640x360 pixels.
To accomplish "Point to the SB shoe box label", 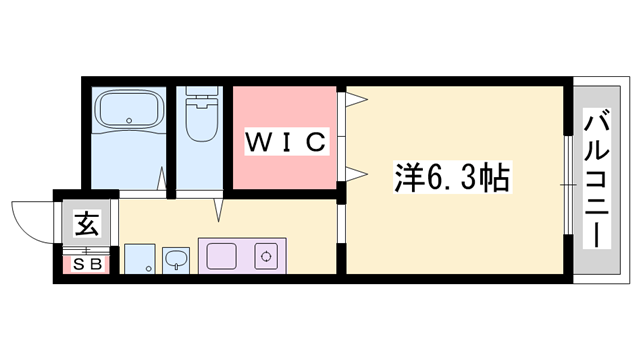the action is point(86,264).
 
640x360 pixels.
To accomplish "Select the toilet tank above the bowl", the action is point(201,96).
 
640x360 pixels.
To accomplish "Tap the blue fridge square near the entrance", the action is point(141,260).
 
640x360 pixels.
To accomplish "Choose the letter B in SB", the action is point(95,264).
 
